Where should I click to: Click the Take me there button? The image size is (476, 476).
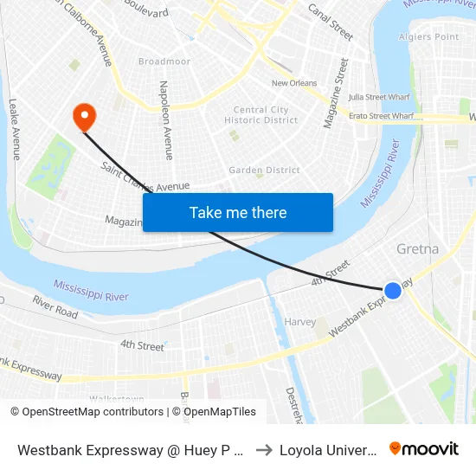pos(238,213)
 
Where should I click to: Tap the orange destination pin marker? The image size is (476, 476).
pos(84,116)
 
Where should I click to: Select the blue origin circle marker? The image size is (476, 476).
pos(393,291)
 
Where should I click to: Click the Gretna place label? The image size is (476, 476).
pos(417,249)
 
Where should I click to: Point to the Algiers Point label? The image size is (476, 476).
pos(428,37)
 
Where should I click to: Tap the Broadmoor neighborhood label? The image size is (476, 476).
pos(164,61)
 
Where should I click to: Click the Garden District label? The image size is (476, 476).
pos(264,170)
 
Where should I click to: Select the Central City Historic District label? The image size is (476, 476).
pos(261,115)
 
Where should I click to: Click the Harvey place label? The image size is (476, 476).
pos(300,322)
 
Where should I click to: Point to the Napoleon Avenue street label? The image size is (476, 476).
pos(165,120)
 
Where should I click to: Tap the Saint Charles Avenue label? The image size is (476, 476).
pos(145,177)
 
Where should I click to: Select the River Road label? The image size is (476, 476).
pos(55,306)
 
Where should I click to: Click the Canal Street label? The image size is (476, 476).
pos(331,23)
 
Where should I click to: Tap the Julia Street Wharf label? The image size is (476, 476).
pos(379,97)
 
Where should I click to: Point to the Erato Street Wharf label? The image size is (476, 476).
pos(381,115)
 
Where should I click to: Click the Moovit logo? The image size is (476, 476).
pos(424,448)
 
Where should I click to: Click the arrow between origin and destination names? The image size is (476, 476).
pos(264,449)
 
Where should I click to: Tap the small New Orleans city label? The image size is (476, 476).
pos(294,83)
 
